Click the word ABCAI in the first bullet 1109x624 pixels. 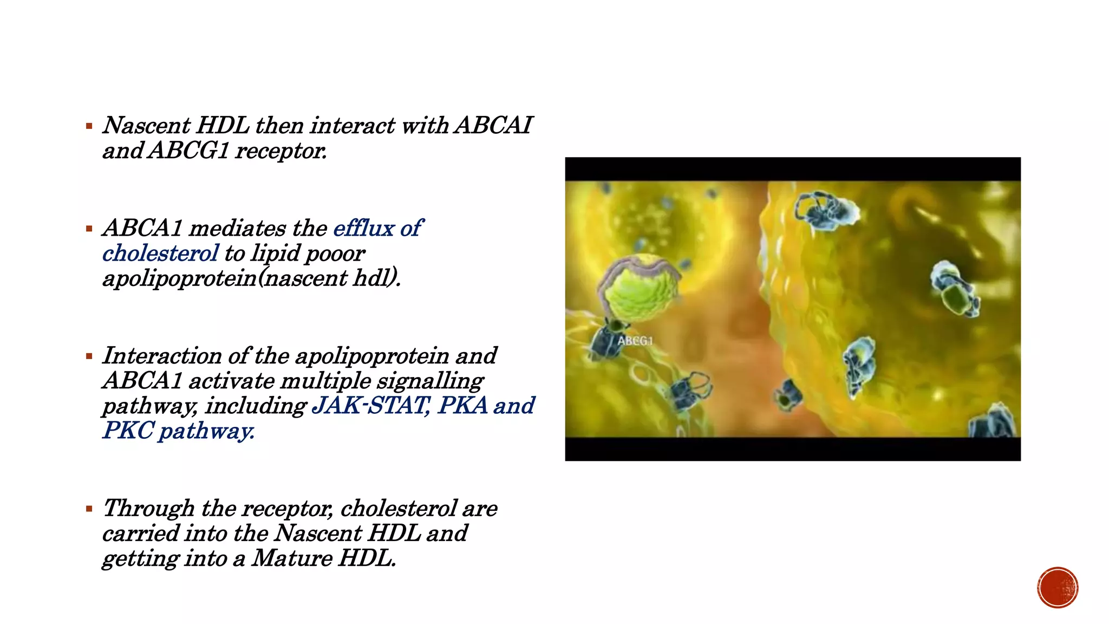click(493, 126)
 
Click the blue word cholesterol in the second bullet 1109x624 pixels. click(160, 253)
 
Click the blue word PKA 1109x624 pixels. click(463, 406)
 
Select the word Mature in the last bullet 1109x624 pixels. click(292, 558)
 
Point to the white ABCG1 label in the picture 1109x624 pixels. click(635, 341)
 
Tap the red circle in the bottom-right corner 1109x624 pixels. click(1058, 588)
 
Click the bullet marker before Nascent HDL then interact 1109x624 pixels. click(89, 127)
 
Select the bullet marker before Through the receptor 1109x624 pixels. click(89, 509)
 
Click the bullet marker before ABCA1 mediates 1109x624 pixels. click(89, 229)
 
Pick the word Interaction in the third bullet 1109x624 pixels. click(162, 356)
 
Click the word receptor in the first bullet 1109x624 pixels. click(280, 151)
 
